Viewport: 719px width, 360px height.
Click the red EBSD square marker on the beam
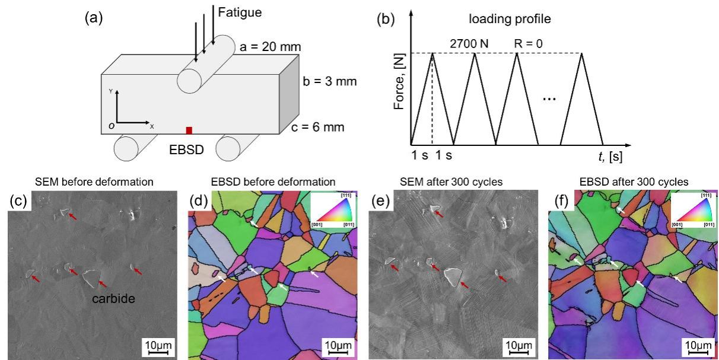[189, 130]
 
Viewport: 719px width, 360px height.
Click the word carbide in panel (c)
[114, 300]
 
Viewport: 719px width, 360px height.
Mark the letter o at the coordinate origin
[110, 126]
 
